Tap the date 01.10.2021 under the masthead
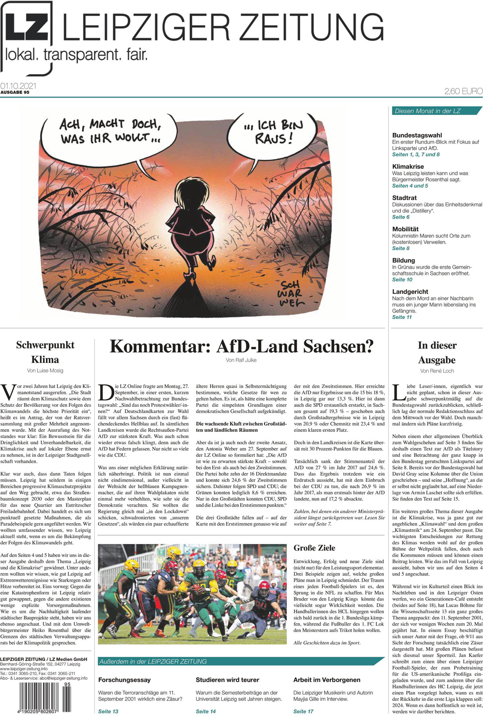19,86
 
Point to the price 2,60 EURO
463,91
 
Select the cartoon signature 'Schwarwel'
291,294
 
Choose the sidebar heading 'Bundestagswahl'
417,135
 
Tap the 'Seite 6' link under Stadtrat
401,217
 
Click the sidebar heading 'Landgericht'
410,292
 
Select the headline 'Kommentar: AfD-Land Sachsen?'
242,346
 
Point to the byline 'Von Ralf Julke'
241,360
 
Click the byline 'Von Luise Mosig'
45,371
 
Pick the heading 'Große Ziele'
314,548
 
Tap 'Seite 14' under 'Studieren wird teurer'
206,711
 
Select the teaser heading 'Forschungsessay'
124,680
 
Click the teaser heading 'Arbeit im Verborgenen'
327,680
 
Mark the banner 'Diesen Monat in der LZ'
427,111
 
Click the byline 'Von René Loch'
437,371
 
